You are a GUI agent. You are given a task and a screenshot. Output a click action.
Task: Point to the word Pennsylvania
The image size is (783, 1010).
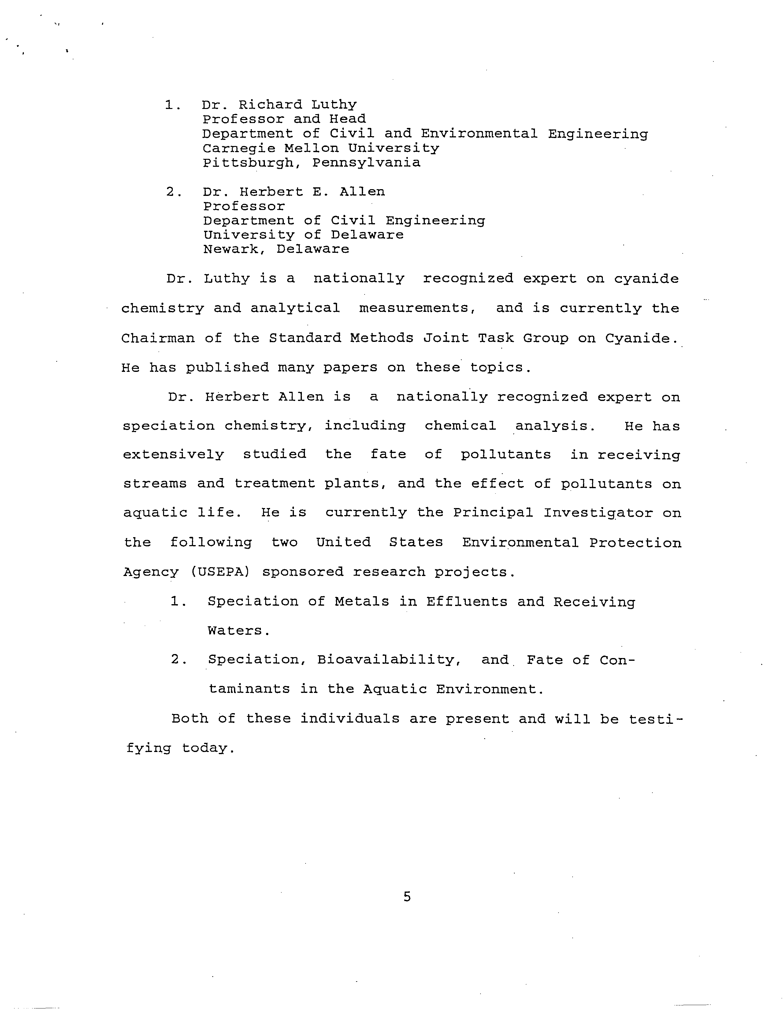[366, 163]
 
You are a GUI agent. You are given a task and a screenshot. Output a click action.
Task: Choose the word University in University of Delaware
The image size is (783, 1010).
[248, 235]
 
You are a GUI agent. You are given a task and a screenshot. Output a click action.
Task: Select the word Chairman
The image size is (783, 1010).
[158, 338]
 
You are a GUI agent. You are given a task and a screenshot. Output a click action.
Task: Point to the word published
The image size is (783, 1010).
[227, 368]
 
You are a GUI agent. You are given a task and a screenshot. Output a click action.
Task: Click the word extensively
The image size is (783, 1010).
[173, 454]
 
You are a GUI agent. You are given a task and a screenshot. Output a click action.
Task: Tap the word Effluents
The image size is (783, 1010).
[466, 602]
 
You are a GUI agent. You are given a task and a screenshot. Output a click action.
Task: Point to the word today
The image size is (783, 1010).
[209, 748]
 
